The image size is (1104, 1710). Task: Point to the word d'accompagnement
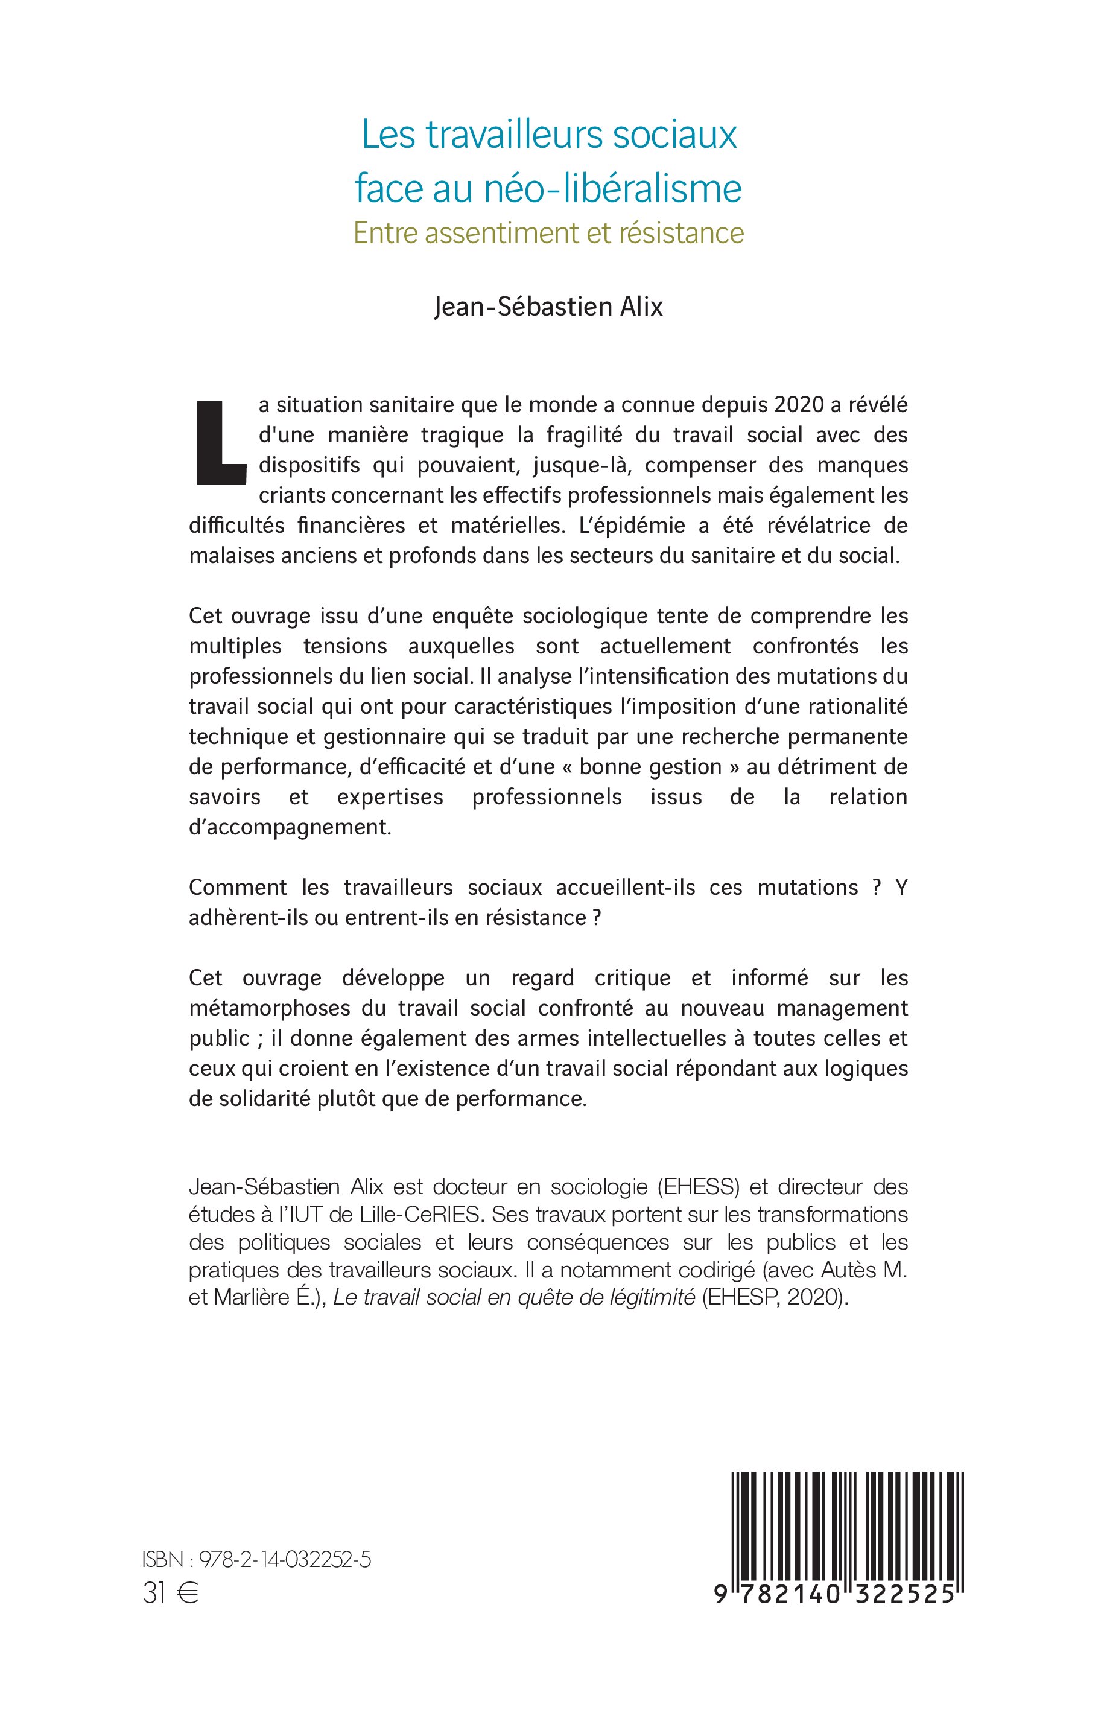[x=290, y=827]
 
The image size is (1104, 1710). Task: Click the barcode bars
[x=846, y=1524]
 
